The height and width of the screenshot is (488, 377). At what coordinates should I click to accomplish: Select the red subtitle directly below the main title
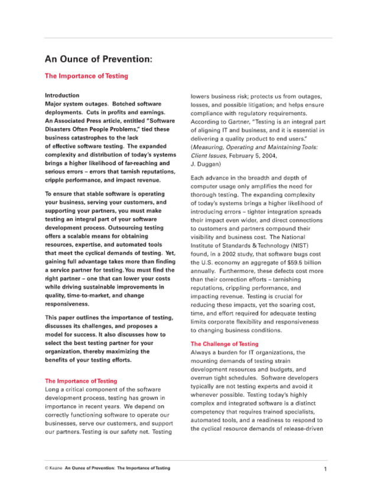86,76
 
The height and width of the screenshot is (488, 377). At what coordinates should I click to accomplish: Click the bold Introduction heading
62,95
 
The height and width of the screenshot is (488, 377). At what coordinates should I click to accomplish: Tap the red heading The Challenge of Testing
224,343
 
